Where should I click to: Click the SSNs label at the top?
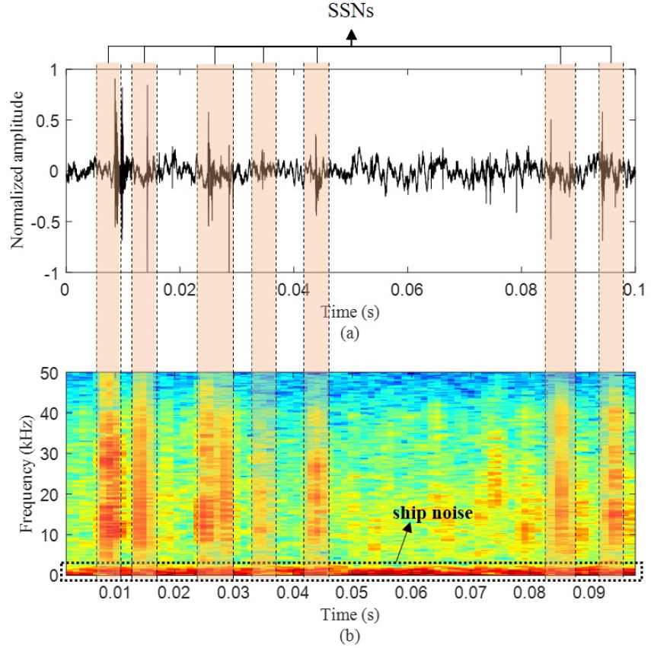point(352,14)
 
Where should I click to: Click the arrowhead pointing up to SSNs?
point(352,34)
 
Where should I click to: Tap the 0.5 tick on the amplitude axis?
point(52,120)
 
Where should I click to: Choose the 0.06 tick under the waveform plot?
point(407,290)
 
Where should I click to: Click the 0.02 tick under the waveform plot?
point(179,290)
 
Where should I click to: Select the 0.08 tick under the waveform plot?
point(521,290)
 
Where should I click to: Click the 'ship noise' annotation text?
point(432,513)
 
